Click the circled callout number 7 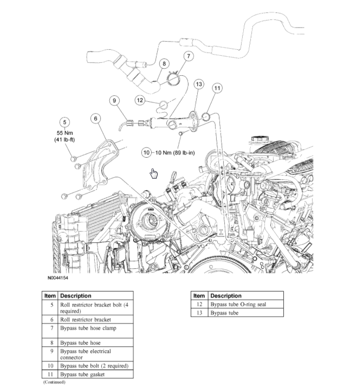pyautogui.click(x=188, y=57)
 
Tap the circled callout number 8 pyautogui.click(x=164, y=64)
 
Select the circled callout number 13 pyautogui.click(x=199, y=84)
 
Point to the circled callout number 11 pyautogui.click(x=217, y=88)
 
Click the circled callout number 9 pyautogui.click(x=115, y=100)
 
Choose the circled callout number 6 pyautogui.click(x=96, y=119)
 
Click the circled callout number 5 pyautogui.click(x=65, y=122)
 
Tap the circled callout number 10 pyautogui.click(x=147, y=152)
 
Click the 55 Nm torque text pyautogui.click(x=65, y=133)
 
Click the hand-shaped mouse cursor pyautogui.click(x=154, y=173)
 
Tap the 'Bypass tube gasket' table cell pyautogui.click(x=82, y=374)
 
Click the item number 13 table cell pyautogui.click(x=199, y=313)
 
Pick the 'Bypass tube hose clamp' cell pyautogui.click(x=88, y=328)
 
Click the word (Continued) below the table pyautogui.click(x=54, y=382)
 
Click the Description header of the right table pyautogui.click(x=226, y=295)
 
